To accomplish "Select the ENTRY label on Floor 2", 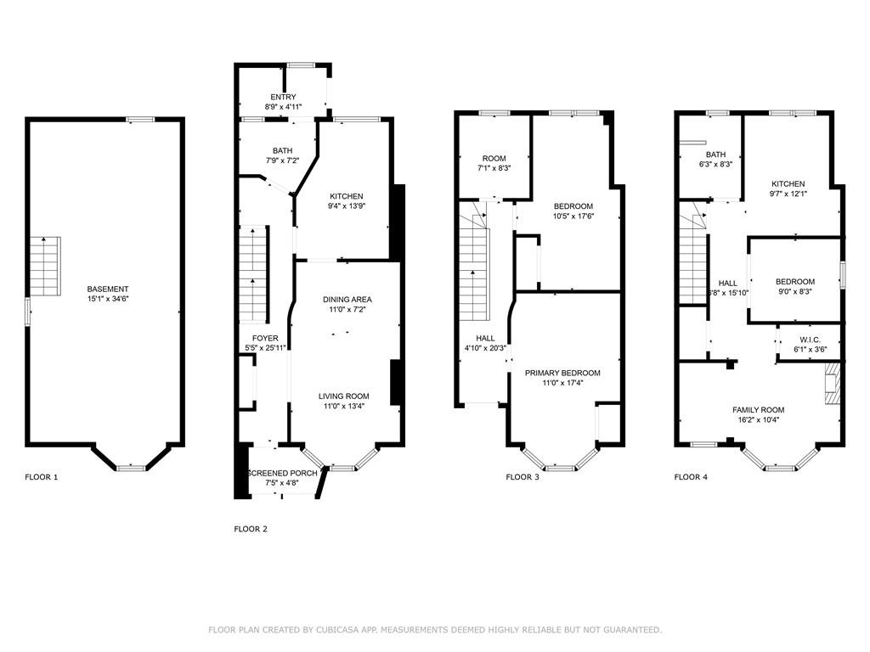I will [283, 97].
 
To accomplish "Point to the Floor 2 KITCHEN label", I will [346, 196].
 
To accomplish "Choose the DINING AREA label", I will [347, 300].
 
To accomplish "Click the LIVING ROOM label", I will [343, 396].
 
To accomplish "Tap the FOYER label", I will [253, 338].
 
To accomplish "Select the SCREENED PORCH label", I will [282, 473].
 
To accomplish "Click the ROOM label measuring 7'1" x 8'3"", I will [494, 159].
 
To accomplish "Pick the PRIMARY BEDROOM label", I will [562, 373].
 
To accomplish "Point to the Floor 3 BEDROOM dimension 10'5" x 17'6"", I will [573, 216].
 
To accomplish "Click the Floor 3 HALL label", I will [481, 338].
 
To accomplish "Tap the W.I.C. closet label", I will [810, 340].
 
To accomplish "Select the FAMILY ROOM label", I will [758, 410].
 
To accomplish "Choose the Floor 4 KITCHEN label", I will [788, 184].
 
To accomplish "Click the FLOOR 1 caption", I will [41, 477].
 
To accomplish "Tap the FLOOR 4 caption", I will [690, 477].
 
